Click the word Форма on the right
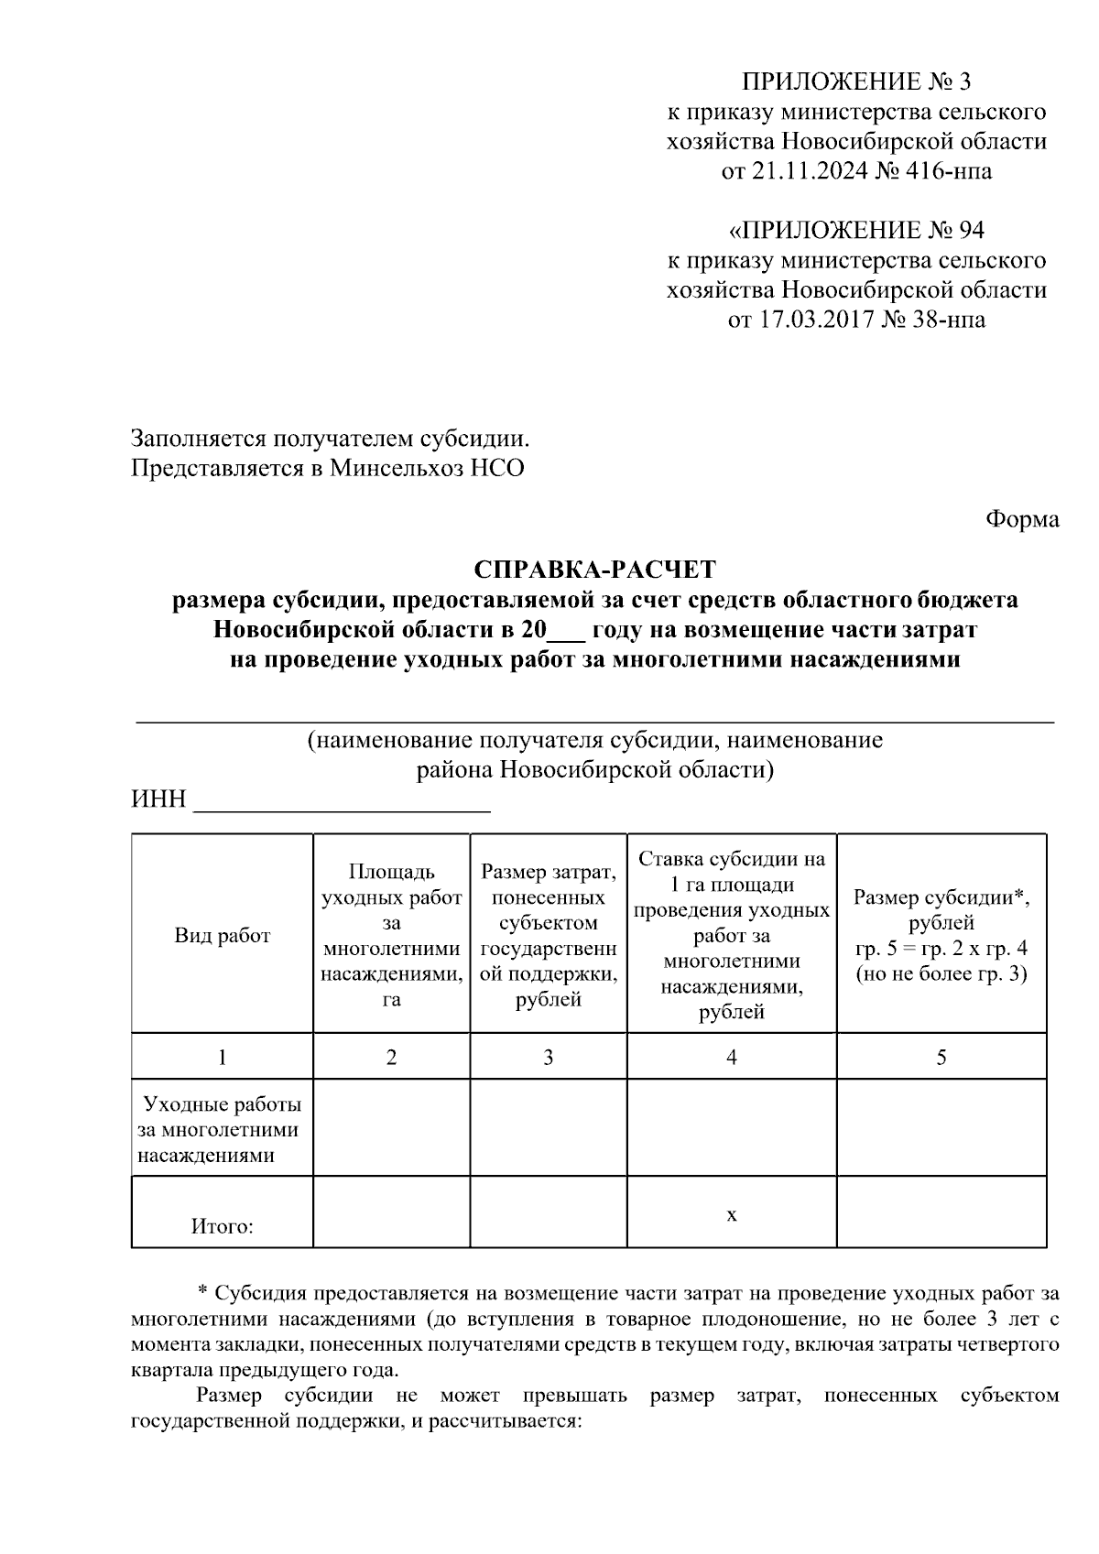pos(1022,519)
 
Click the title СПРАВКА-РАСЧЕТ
pos(594,570)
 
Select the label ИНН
pos(158,799)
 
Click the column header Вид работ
pos(223,935)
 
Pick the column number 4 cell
pos(731,1058)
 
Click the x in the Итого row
pos(731,1215)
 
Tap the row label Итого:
pos(223,1226)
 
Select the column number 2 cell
pos(391,1058)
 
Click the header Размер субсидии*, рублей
pos(941,909)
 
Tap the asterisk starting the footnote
pos(203,1293)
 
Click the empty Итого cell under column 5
pos(941,1212)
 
